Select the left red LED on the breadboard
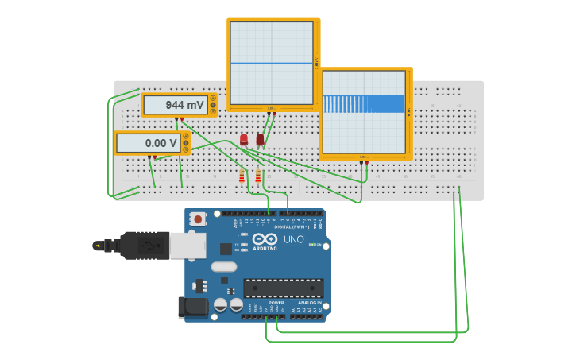click(x=244, y=140)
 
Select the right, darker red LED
click(x=260, y=140)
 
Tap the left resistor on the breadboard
click(x=242, y=176)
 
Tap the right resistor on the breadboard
click(x=257, y=176)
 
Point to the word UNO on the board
click(x=293, y=239)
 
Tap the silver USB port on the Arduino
click(x=187, y=246)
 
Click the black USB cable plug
click(x=143, y=246)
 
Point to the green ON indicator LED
click(x=312, y=245)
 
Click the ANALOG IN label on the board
click(x=309, y=303)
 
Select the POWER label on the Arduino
click(x=276, y=303)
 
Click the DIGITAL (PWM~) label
click(x=292, y=226)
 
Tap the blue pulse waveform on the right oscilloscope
click(x=364, y=103)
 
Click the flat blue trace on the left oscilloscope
click(x=272, y=63)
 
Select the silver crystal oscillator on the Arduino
click(x=224, y=267)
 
